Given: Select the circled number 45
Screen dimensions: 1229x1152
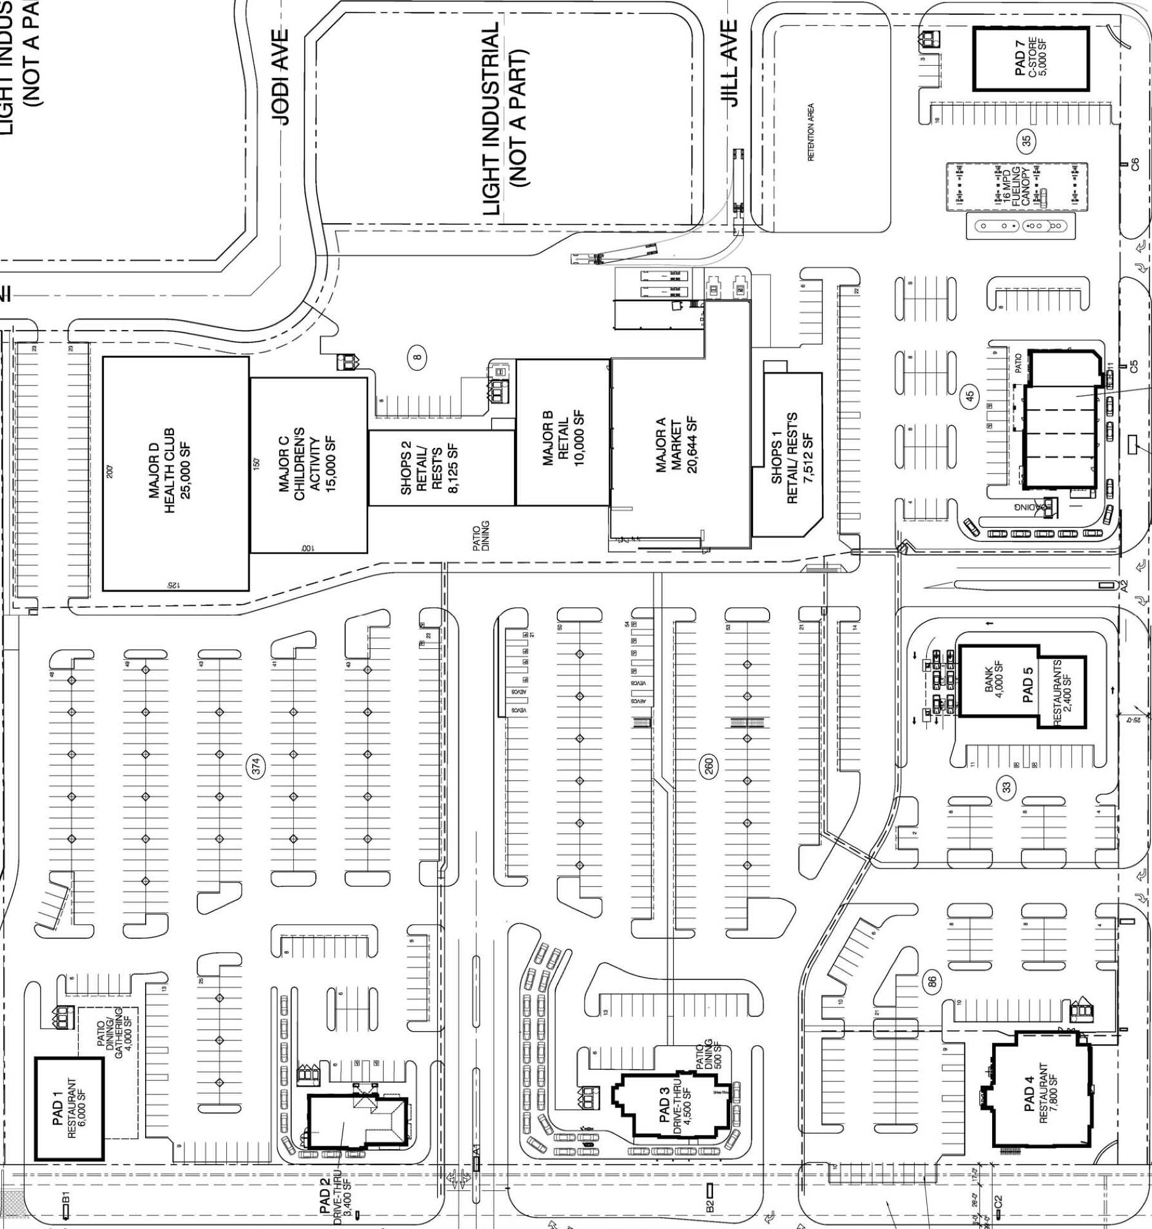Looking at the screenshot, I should [x=969, y=395].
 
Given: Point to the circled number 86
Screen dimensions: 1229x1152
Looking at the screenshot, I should [x=933, y=981].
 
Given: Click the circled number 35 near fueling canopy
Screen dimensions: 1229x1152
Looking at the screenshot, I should [x=1028, y=141].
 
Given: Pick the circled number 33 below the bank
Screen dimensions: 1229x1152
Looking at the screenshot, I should [x=1008, y=787].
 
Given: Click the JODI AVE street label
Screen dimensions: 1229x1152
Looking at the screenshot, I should [x=282, y=77].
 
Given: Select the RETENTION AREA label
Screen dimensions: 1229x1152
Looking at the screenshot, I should [x=811, y=132].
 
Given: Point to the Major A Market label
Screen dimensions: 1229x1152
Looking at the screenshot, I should [x=677, y=445].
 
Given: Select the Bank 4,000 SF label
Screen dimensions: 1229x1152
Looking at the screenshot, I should [x=993, y=680].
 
